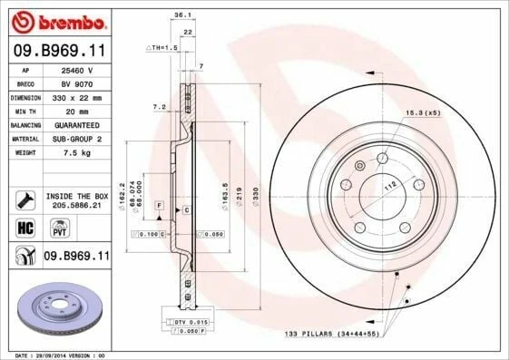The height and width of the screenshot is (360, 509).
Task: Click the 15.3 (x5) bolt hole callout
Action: point(422,112)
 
